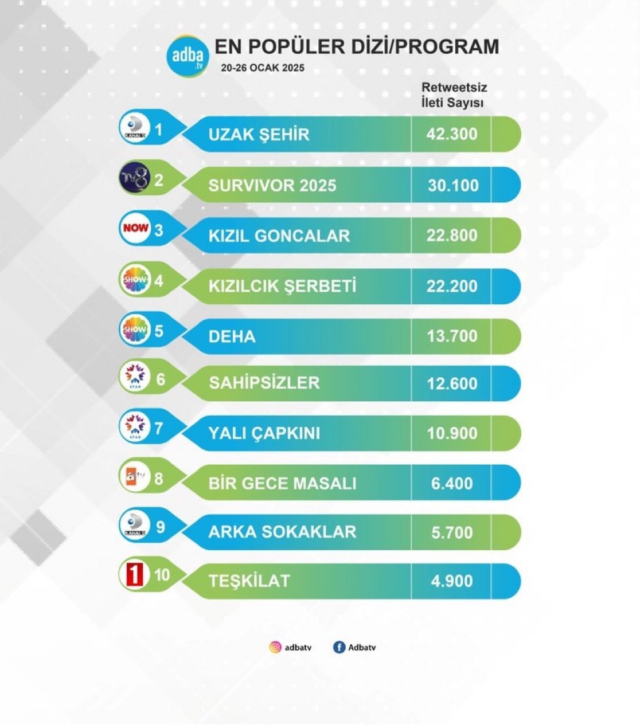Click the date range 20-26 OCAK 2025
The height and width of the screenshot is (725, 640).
(x=263, y=68)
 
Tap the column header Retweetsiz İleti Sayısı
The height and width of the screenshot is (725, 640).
(x=454, y=95)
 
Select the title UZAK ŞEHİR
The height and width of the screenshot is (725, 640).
(x=259, y=135)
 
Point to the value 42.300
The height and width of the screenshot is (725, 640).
(x=452, y=134)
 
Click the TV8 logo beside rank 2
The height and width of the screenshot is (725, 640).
(x=135, y=179)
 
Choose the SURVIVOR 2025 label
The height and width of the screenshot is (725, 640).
(x=272, y=186)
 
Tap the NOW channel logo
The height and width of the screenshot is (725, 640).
(x=135, y=228)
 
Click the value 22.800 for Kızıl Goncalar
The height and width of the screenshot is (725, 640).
(x=452, y=236)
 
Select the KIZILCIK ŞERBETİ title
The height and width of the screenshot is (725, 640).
(x=282, y=285)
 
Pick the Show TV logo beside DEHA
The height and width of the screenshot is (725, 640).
(x=135, y=330)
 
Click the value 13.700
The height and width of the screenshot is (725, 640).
(x=452, y=336)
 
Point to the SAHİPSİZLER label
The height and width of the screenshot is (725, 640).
(x=264, y=383)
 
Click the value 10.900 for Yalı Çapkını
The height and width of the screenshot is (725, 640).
(x=452, y=433)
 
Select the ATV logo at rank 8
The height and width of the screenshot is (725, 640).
(x=135, y=477)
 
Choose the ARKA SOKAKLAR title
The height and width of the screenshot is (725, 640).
(x=282, y=532)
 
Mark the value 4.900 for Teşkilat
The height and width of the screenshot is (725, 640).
(x=452, y=581)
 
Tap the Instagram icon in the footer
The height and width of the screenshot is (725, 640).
(x=275, y=648)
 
